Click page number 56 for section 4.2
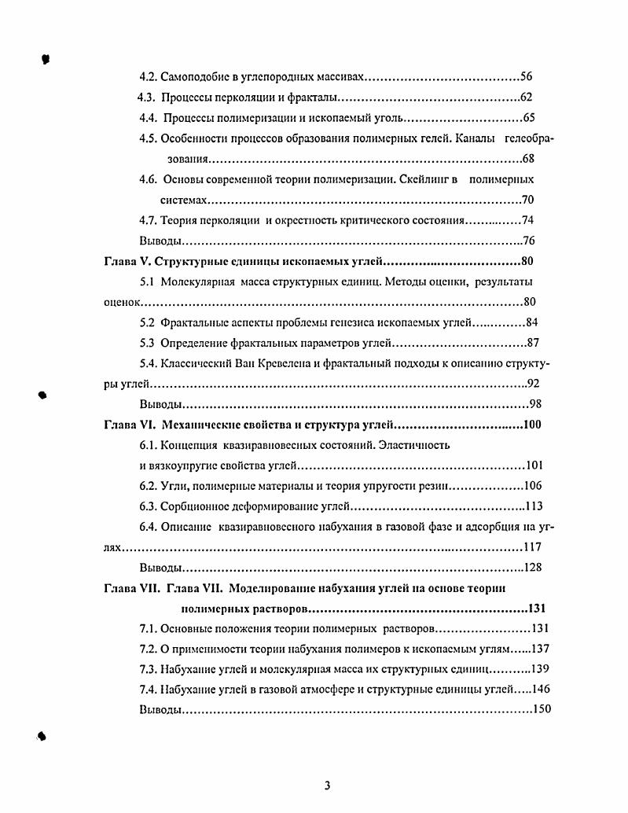click(527, 77)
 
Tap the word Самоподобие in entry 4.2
click(193, 77)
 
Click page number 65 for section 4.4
click(528, 118)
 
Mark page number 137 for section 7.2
click(539, 648)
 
